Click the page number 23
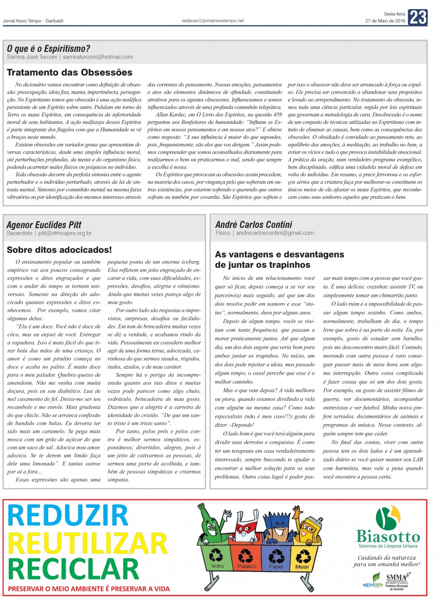coord(418,17)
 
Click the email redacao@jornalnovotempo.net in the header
coord(213,20)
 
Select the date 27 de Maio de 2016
coord(385,21)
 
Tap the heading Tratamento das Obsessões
coord(69,72)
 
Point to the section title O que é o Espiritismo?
coord(48,49)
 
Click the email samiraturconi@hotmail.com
coord(98,57)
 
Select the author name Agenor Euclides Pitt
coord(44,225)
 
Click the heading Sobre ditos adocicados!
coord(59,250)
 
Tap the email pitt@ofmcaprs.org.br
coord(65,233)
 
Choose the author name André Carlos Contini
coord(254,225)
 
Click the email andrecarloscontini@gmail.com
coord(275,233)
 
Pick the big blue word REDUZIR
coord(68,516)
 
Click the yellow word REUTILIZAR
coord(87,543)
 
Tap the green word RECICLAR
coord(73,569)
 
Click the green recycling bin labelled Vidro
coord(216,557)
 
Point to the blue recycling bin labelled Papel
coord(276,557)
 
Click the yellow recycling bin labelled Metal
coord(302,557)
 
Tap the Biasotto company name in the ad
coord(388,536)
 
